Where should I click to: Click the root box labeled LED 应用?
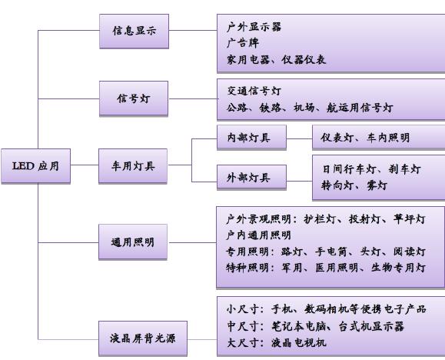[x=36, y=166]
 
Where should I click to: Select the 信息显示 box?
[x=134, y=32]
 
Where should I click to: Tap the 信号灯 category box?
[x=134, y=98]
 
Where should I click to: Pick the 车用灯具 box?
[x=133, y=166]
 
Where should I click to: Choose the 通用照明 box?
[x=133, y=242]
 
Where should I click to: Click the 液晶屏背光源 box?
[x=143, y=338]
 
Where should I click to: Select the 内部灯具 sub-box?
[x=252, y=138]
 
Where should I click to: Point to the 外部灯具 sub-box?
[x=252, y=177]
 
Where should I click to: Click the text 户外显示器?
[x=254, y=27]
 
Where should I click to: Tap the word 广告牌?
[x=243, y=43]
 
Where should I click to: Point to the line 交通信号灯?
[x=254, y=91]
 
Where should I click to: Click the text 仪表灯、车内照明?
[x=365, y=138]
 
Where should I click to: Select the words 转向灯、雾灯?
[x=354, y=185]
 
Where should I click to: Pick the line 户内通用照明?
[x=258, y=235]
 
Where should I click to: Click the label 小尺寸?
[x=243, y=309]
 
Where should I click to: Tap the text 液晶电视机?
[x=298, y=342]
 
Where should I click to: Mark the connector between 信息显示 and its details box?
[x=193, y=30]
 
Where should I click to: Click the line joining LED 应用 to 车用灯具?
[x=85, y=165]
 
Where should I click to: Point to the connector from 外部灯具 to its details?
[x=300, y=181]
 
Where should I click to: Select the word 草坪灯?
[x=410, y=219]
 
